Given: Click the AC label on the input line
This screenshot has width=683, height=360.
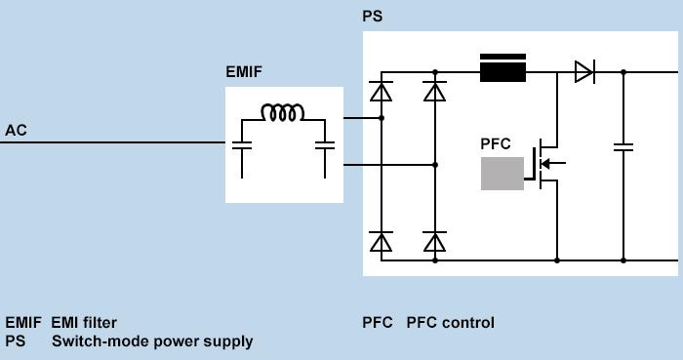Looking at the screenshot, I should (16, 130).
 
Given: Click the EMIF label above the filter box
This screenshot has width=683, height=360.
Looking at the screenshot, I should (244, 71).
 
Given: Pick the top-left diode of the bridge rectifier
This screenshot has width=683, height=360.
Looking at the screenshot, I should (382, 91).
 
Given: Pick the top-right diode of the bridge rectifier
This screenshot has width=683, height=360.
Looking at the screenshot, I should (435, 91).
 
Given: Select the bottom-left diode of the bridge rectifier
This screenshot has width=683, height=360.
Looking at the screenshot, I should (382, 242).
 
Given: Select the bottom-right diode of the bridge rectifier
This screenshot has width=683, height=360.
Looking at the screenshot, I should (435, 242).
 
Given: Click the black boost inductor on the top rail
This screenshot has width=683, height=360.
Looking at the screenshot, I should (502, 67).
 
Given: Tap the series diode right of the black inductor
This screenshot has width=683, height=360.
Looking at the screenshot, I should (583, 71).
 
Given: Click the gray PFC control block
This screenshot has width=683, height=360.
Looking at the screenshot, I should (502, 173).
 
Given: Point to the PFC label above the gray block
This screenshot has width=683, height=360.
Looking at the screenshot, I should (496, 143).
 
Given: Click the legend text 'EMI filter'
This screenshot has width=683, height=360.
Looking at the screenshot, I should (84, 323).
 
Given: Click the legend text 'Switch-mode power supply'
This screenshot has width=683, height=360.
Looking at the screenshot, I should (151, 341).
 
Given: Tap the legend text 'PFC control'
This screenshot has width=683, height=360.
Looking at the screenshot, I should (450, 323).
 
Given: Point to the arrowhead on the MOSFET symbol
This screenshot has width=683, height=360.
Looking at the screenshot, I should (545, 164).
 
